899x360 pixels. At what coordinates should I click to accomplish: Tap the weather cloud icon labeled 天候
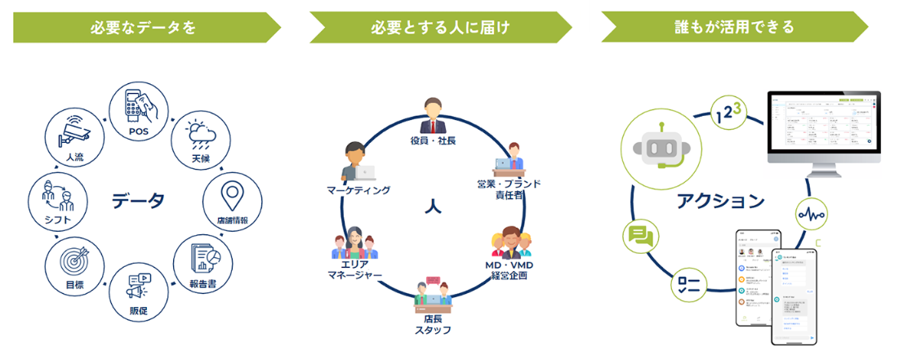pos(198,132)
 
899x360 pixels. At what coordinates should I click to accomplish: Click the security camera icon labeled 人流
pos(73,131)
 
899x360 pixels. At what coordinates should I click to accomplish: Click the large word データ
pos(138,200)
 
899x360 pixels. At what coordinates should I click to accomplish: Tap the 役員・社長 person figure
pos(433,116)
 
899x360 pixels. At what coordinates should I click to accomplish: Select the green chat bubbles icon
pos(640,236)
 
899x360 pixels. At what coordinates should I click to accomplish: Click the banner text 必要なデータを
pos(144,27)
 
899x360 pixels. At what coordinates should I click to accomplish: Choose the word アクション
pos(720,201)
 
